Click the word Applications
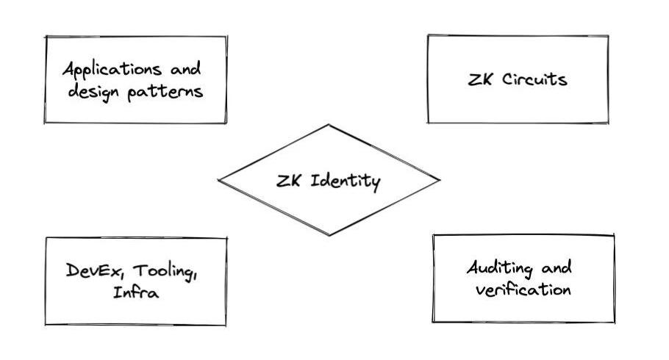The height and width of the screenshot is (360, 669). point(110,71)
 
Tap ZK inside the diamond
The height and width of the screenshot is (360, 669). point(287,181)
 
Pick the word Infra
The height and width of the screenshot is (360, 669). point(136,292)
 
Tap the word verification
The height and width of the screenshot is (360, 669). point(523,289)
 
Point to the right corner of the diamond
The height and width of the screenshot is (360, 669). point(440,179)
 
